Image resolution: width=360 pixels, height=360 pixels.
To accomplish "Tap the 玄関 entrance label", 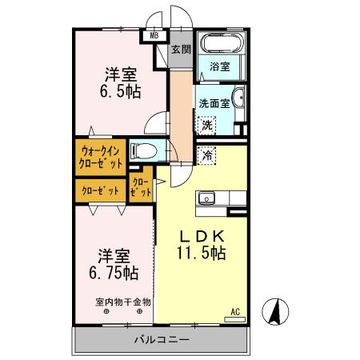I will pyautogui.click(x=182, y=50).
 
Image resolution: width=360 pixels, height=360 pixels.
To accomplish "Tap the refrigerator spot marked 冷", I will pyautogui.click(x=208, y=157).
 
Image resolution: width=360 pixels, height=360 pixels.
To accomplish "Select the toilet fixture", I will pyautogui.click(x=146, y=150).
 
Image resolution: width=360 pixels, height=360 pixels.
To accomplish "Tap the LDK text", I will pyautogui.click(x=201, y=237).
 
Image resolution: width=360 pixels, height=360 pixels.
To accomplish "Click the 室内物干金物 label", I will pyautogui.click(x=122, y=302).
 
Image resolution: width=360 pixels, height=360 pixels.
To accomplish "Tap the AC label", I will pyautogui.click(x=235, y=310).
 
